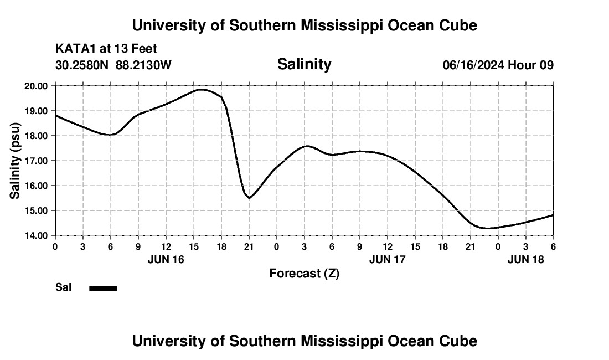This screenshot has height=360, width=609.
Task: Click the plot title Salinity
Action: click(x=304, y=64)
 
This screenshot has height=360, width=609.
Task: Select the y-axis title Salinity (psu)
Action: click(x=16, y=161)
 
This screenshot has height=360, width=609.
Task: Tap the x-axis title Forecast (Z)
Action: click(x=304, y=273)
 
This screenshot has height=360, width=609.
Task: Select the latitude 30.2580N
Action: click(x=82, y=65)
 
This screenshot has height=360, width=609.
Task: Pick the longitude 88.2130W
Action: click(x=143, y=65)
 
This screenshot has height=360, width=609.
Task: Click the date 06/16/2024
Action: click(x=473, y=65)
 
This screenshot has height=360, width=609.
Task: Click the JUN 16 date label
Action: click(x=166, y=259)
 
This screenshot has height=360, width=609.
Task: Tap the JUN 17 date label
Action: click(x=387, y=259)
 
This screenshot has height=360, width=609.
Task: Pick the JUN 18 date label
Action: click(x=525, y=259)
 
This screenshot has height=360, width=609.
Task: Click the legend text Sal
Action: click(x=63, y=287)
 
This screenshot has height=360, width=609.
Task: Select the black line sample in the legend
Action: click(x=103, y=288)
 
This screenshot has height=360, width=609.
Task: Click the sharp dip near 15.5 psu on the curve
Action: click(x=249, y=198)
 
